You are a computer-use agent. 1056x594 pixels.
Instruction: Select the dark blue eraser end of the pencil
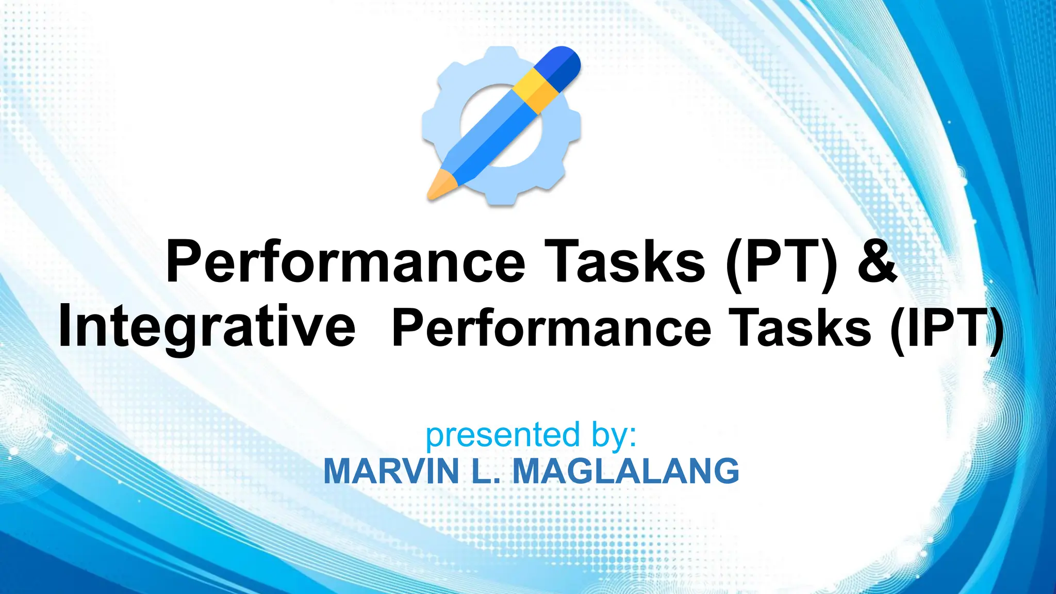click(562, 64)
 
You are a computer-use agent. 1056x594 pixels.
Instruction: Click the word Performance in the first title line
click(345, 262)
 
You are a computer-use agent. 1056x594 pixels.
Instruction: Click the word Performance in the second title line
click(551, 328)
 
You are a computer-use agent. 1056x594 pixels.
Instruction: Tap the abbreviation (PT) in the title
click(782, 263)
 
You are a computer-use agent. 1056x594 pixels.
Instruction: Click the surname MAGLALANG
click(626, 471)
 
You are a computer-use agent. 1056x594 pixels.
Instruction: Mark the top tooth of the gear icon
click(501, 55)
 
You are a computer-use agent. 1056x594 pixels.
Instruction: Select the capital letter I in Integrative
click(65, 327)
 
